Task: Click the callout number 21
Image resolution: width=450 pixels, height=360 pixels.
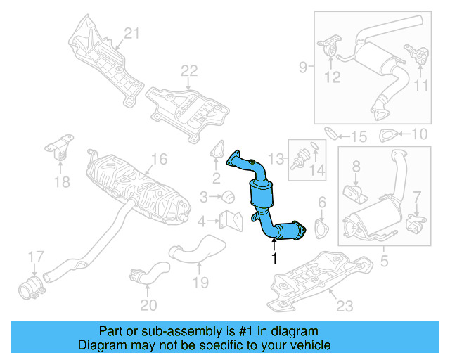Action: click(133, 32)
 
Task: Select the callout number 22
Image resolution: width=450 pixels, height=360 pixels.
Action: click(189, 70)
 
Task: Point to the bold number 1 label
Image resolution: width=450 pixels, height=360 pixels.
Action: click(274, 259)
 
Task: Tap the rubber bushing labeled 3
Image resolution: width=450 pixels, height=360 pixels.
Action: click(228, 195)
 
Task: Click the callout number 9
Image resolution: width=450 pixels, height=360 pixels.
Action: click(302, 67)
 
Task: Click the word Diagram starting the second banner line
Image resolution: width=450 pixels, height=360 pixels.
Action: click(101, 345)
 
